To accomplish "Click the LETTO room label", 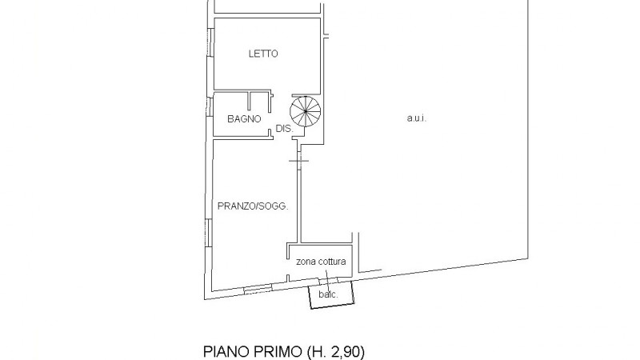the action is (x=263, y=54).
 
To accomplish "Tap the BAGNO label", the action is (x=244, y=118).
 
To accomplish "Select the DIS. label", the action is (x=285, y=129).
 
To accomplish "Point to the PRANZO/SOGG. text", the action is (x=253, y=206).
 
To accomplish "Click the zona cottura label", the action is (x=321, y=262).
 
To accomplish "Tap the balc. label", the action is (x=328, y=294).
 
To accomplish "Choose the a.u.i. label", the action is (x=416, y=118).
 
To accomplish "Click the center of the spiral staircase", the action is (x=306, y=111).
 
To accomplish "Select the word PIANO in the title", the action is (x=226, y=351).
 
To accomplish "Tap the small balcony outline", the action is (x=331, y=294).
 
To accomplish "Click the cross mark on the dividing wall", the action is (x=298, y=161).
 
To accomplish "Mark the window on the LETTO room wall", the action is (x=210, y=42).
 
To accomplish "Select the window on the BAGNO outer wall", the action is (x=210, y=107).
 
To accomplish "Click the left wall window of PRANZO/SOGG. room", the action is (x=208, y=233).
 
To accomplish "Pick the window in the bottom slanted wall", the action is (x=258, y=290).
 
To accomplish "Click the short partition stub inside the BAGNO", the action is (x=250, y=101).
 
